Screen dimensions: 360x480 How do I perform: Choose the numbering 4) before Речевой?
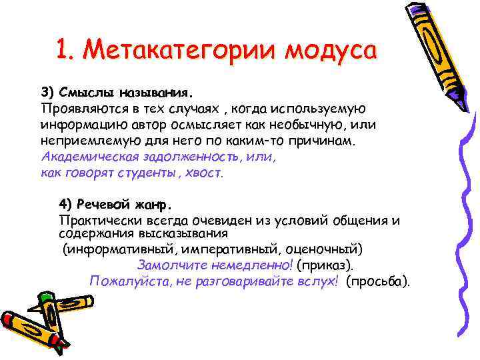(x=65, y=203)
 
